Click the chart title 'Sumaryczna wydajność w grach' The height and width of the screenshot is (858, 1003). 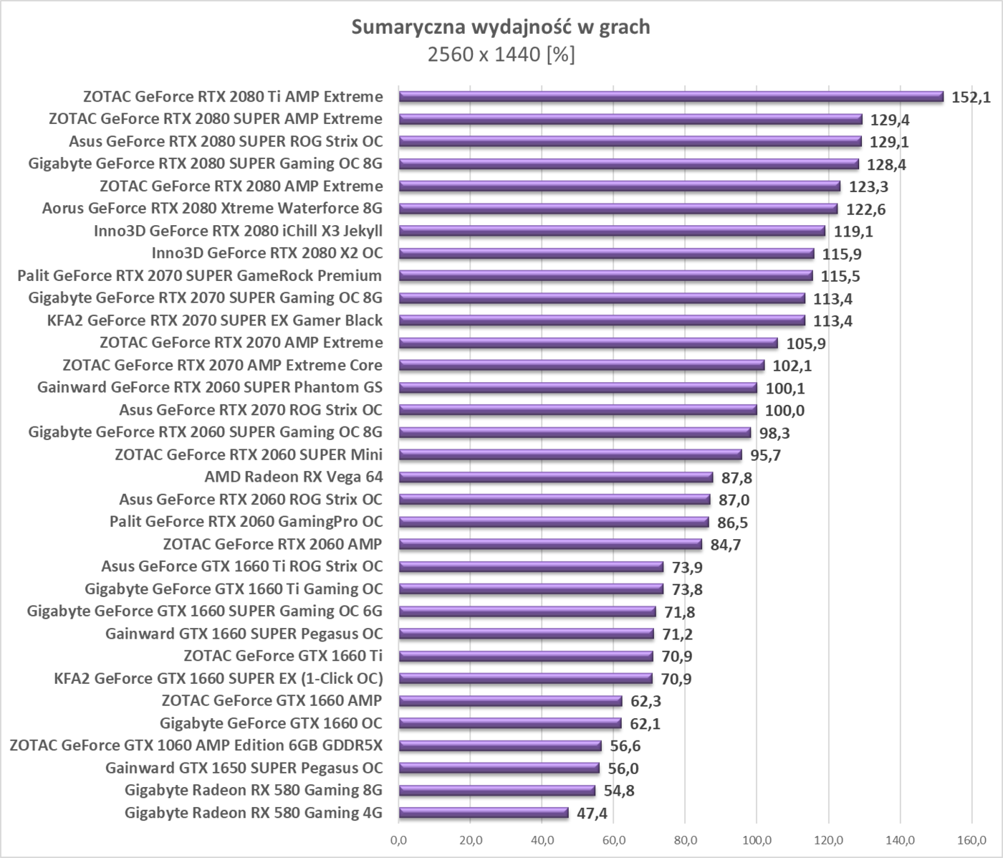[x=501, y=27]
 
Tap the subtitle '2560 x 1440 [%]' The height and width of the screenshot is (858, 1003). [x=501, y=54]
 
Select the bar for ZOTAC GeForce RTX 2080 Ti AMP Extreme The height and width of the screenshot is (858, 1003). [x=671, y=97]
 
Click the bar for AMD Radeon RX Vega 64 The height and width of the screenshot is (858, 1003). [x=555, y=477]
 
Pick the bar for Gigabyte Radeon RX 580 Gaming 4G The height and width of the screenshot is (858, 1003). [x=483, y=813]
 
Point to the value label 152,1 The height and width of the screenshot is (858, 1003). [x=971, y=97]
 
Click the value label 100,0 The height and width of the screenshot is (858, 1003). [x=784, y=411]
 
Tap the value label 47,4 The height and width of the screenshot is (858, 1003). [x=592, y=814]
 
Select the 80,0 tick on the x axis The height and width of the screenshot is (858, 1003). [x=686, y=840]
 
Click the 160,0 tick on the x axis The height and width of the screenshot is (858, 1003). [x=972, y=840]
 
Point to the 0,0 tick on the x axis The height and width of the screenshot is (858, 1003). [x=398, y=840]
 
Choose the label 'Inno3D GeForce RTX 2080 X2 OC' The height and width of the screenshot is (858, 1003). [x=267, y=253]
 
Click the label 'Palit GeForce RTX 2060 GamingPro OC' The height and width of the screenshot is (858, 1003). [x=246, y=522]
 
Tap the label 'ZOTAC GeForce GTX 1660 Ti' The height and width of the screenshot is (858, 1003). [x=283, y=656]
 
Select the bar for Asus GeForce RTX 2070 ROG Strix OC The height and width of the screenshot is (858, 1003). [x=577, y=410]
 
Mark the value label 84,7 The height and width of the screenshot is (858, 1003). [x=726, y=545]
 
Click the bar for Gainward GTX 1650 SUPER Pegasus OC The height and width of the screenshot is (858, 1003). [x=499, y=768]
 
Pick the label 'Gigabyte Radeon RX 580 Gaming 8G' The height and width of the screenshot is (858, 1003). [x=253, y=791]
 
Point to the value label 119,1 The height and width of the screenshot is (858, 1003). [x=853, y=232]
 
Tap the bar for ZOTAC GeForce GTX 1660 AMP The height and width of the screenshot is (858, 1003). [x=510, y=701]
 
